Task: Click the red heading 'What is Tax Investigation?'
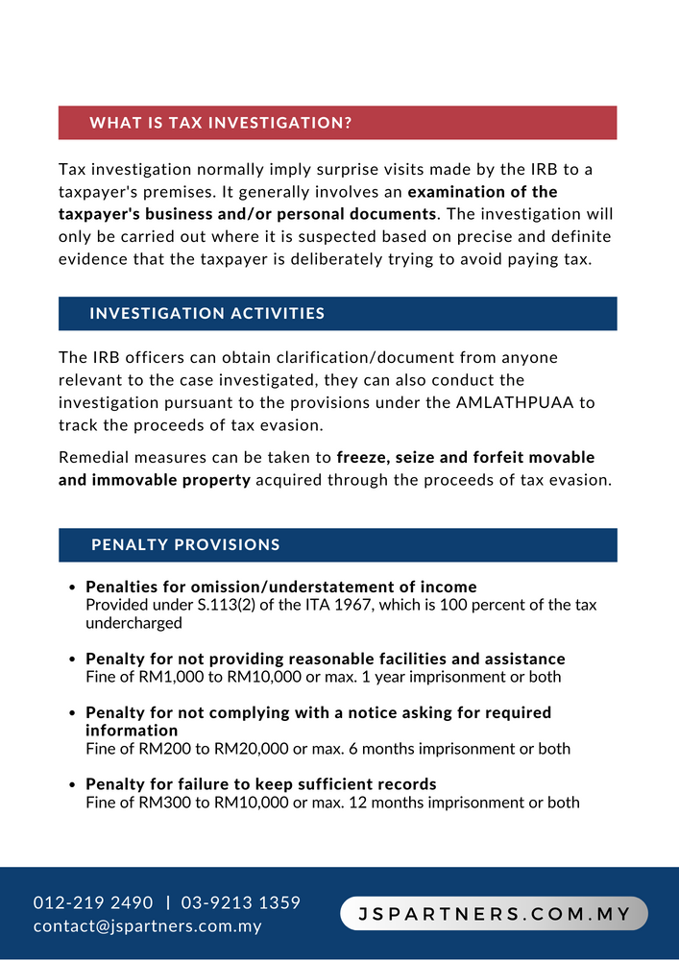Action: coord(220,123)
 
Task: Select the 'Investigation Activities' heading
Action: coord(206,314)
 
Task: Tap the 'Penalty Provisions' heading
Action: coord(185,545)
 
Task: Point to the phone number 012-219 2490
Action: coord(93,903)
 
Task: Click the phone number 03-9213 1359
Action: coord(240,903)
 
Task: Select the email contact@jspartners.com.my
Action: coord(147,926)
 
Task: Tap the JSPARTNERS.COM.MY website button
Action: coord(494,914)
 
